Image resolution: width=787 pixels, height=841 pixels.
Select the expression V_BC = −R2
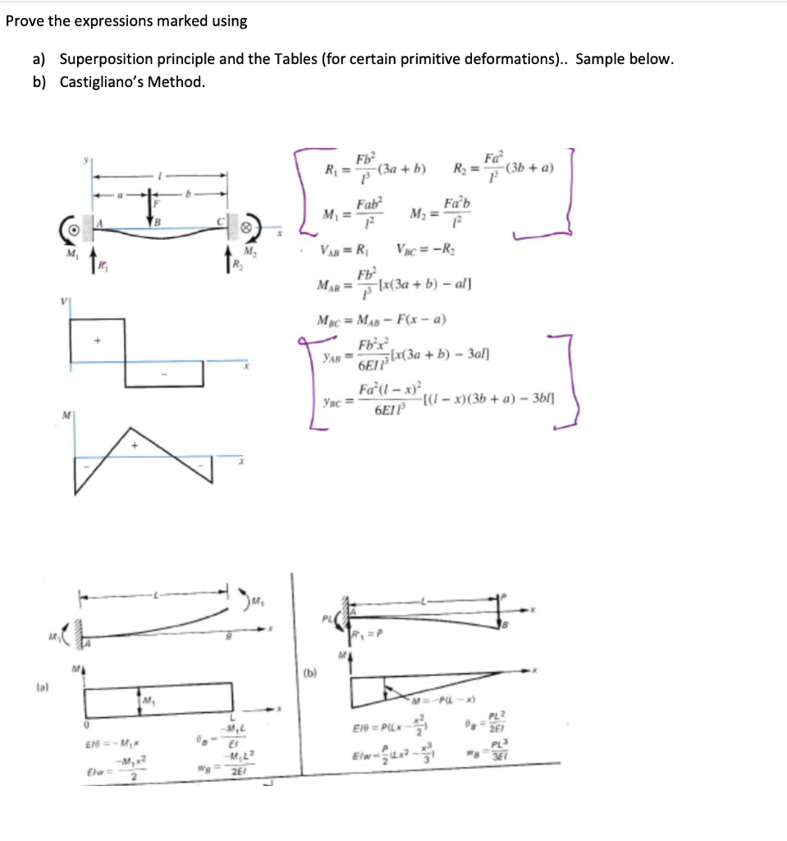click(428, 250)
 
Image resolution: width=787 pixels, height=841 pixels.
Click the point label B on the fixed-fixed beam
click(157, 223)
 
